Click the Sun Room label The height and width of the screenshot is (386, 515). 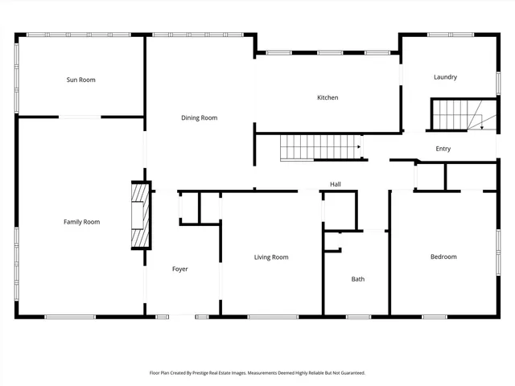pos(81,80)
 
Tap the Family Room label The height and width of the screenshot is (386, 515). pos(81,221)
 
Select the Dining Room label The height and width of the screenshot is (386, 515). pos(199,118)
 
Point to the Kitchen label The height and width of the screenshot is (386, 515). pos(327,97)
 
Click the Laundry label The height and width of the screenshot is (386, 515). pos(445,77)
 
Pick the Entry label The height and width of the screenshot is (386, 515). pos(443,149)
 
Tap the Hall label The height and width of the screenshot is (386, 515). pos(336,184)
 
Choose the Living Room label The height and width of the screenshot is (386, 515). pos(271,257)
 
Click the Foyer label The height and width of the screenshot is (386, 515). pos(180,269)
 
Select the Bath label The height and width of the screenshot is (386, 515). pos(357,279)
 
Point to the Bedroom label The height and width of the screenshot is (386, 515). pos(443,257)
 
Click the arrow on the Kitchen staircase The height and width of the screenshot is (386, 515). pos(360,147)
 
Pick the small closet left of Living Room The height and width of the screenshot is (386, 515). pos(190,207)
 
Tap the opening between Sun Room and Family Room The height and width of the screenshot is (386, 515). pos(80,117)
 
